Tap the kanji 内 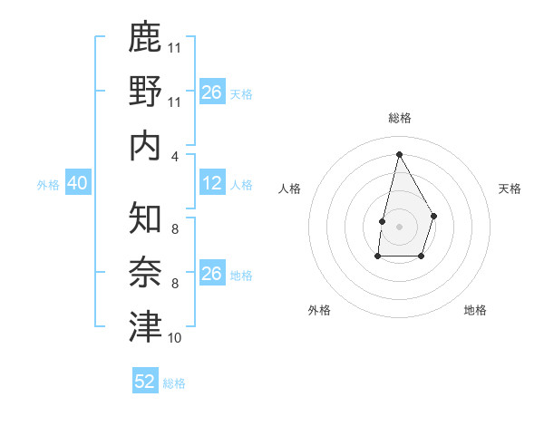point(145,146)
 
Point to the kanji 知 point(145,217)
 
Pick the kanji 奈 point(145,272)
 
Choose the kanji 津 point(145,327)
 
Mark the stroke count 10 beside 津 point(175,338)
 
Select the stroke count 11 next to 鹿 point(175,47)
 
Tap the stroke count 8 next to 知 point(174,228)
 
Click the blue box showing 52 point(145,382)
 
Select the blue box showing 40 point(77,183)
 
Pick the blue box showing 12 point(212,183)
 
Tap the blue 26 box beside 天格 point(212,92)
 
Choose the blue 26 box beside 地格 point(212,274)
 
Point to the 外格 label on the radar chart point(319,310)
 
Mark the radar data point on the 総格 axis point(399,153)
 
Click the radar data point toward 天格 point(434,216)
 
